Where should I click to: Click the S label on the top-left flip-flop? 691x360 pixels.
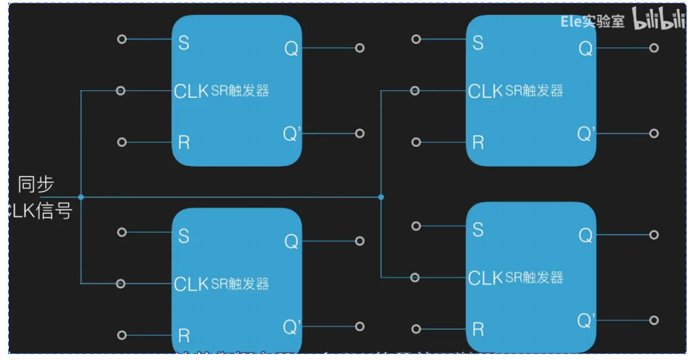click(184, 43)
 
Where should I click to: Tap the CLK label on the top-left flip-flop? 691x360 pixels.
click(191, 91)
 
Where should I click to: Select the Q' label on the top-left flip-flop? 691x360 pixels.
click(293, 133)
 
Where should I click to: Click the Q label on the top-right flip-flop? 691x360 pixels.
click(585, 48)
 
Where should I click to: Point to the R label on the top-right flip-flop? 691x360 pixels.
click(478, 142)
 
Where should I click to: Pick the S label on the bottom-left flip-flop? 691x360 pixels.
click(184, 236)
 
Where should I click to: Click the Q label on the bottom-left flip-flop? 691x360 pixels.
click(291, 241)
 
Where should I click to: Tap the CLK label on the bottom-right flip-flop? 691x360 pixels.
click(485, 278)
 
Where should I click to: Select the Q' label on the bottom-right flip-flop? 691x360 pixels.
click(587, 320)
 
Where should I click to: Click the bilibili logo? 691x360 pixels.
click(658, 21)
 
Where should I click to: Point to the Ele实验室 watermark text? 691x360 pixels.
click(592, 21)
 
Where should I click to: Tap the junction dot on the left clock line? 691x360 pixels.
click(81, 197)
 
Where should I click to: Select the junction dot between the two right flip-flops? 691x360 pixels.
click(381, 197)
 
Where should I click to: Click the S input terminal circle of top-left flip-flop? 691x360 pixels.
click(122, 39)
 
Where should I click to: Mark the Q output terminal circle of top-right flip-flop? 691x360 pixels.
click(654, 47)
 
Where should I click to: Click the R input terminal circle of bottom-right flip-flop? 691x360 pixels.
click(416, 328)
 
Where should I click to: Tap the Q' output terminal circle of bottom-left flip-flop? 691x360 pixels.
click(360, 327)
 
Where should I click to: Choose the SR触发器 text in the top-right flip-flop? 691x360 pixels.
click(534, 91)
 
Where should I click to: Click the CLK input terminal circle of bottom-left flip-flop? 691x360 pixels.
click(121, 284)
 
